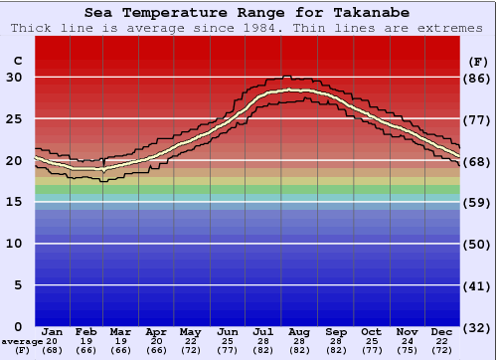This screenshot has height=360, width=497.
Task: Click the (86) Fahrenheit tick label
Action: coord(478,78)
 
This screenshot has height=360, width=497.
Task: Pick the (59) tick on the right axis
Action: coord(478,202)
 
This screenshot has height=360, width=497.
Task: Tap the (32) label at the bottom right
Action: coord(478,327)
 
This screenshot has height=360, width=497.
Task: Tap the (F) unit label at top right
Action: coord(478,61)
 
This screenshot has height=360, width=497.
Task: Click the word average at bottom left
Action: coord(22,341)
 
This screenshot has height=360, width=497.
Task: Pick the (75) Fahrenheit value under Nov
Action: coord(407,351)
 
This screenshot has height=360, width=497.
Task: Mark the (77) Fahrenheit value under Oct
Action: coord(371,351)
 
